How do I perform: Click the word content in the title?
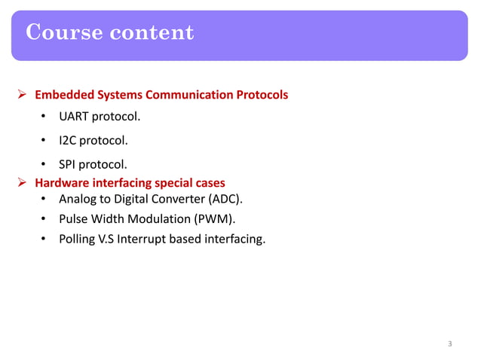coord(152,33)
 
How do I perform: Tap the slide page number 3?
coord(450,344)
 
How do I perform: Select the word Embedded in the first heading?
coord(64,96)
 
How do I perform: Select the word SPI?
coord(69,163)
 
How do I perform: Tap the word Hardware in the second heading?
coord(63,182)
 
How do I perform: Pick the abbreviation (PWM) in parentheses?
coord(216,220)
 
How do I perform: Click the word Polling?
coord(78,240)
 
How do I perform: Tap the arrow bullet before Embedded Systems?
coord(23,96)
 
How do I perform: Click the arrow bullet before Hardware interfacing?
coord(23,182)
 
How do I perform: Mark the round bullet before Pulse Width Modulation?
coord(44,220)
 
